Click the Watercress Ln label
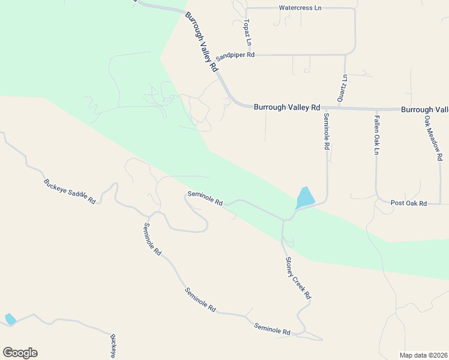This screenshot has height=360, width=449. [x=300, y=8]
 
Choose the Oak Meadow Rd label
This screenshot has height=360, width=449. [x=433, y=137]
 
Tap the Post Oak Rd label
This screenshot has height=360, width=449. [x=408, y=203]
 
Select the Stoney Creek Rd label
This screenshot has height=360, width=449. [x=298, y=278]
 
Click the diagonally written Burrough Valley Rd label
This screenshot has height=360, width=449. [x=201, y=42]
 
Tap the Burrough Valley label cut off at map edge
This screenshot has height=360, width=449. [x=424, y=110]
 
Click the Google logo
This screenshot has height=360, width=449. [x=20, y=353]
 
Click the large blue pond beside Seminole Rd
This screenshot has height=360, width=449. [x=306, y=197]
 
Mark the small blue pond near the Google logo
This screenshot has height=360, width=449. [x=10, y=319]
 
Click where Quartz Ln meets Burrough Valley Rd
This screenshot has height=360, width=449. [x=340, y=109]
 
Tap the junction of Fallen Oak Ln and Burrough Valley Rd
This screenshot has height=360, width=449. [x=376, y=110]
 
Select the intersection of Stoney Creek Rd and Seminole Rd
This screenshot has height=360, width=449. [x=283, y=220]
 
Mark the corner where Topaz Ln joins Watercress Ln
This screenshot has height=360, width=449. [x=246, y=8]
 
